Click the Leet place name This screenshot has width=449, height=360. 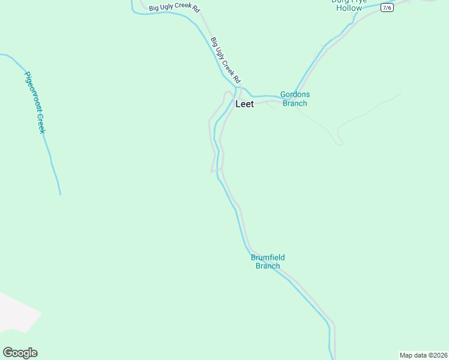tap(244, 104)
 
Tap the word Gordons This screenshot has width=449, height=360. tap(295, 95)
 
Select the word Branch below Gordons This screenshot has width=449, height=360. tap(295, 103)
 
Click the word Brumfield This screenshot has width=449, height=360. tap(268, 258)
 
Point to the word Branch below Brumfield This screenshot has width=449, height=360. tap(268, 266)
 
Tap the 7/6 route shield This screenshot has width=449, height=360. tap(387, 7)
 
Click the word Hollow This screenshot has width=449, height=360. tap(349, 8)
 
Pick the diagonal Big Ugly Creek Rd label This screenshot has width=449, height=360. tap(226, 60)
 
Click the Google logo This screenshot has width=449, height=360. tap(20, 353)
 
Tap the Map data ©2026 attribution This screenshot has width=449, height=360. tap(423, 355)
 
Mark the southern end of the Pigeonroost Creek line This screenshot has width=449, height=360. tap(60, 193)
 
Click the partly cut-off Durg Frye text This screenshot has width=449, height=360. tap(349, 2)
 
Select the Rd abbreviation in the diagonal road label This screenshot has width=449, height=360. tap(237, 79)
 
